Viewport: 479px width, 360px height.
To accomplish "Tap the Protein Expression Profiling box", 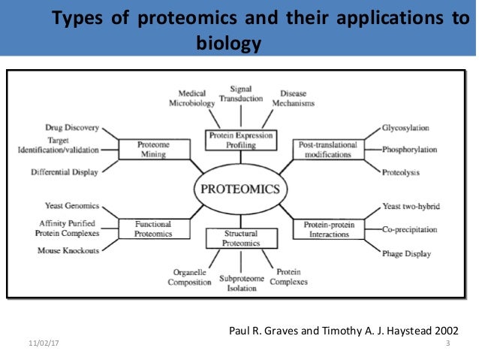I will click(x=240, y=140).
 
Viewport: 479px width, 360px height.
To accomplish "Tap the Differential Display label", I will click(x=66, y=172).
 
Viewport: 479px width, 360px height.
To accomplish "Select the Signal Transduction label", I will click(x=240, y=93).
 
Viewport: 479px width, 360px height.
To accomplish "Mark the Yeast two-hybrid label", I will click(x=411, y=206).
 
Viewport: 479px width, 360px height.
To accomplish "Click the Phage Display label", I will click(x=406, y=254).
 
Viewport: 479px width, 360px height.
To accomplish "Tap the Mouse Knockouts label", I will click(x=68, y=250).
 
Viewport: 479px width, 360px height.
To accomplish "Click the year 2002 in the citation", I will click(x=442, y=330).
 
